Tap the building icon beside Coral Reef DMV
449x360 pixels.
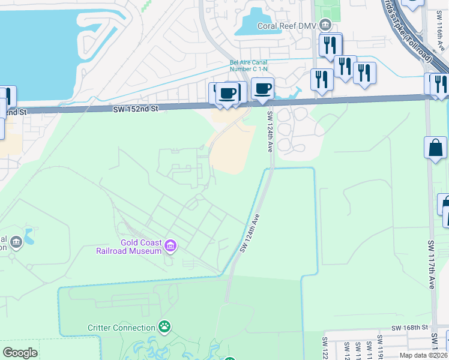pyautogui.click(x=325, y=25)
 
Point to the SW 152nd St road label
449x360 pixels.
pyautogui.click(x=136, y=109)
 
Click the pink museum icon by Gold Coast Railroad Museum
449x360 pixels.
pyautogui.click(x=170, y=245)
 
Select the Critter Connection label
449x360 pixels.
pyautogui.click(x=121, y=328)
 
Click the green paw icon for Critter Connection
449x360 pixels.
pyautogui.click(x=164, y=327)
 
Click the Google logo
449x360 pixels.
pyautogui.click(x=20, y=353)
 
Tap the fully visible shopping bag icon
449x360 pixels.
pyautogui.click(x=435, y=148)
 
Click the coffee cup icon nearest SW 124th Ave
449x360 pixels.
pyautogui.click(x=262, y=89)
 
